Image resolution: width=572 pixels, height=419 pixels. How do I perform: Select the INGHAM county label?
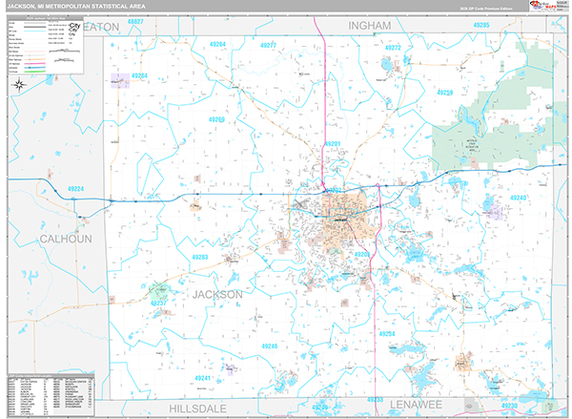coord(370,26)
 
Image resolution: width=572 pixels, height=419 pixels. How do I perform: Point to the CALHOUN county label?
coord(65,238)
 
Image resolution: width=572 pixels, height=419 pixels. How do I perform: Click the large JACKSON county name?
coord(217,295)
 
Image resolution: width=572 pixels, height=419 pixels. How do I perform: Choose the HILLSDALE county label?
coord(202,406)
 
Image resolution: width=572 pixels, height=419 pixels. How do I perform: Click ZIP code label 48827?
coord(135,21)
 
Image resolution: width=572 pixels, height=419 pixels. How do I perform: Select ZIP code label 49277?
coord(268,45)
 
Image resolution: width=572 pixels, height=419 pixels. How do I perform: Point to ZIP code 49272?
coord(392,47)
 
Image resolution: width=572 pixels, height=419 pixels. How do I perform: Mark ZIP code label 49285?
coord(480,24)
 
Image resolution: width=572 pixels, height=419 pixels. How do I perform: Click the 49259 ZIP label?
coord(444,93)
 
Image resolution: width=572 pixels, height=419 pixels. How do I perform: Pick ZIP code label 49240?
coord(518,198)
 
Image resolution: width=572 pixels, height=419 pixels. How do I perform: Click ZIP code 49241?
coord(203,379)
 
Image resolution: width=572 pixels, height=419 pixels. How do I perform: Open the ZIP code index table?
coord(50,391)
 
